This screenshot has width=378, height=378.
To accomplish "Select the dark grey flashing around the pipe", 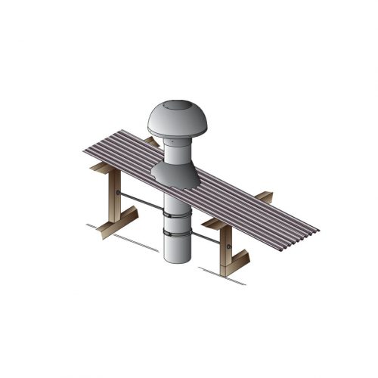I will point(175,175).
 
